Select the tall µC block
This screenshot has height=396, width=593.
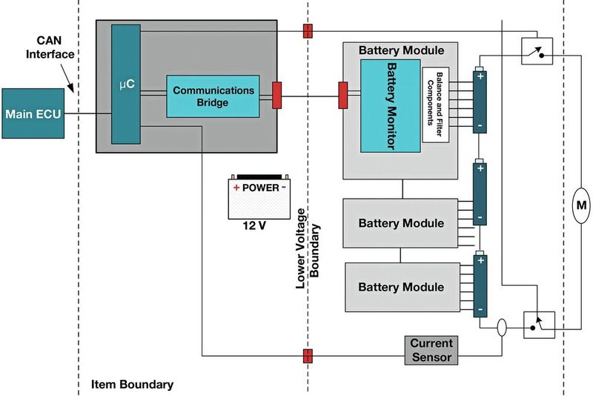click(125, 83)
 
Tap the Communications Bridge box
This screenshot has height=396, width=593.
click(213, 96)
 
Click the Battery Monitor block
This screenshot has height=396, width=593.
click(390, 105)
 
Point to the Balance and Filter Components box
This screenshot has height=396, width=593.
click(437, 105)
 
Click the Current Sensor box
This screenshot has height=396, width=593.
click(431, 350)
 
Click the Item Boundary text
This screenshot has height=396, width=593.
click(132, 384)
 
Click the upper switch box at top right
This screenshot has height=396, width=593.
click(537, 50)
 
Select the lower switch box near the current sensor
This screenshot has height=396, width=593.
click(538, 324)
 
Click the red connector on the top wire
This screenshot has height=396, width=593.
click(307, 31)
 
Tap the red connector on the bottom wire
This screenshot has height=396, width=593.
click(307, 356)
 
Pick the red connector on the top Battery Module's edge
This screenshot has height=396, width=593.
click(343, 95)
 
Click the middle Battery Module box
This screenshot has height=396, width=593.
click(401, 223)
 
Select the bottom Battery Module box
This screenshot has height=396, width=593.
click(401, 287)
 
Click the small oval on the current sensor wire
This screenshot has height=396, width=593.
click(503, 326)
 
